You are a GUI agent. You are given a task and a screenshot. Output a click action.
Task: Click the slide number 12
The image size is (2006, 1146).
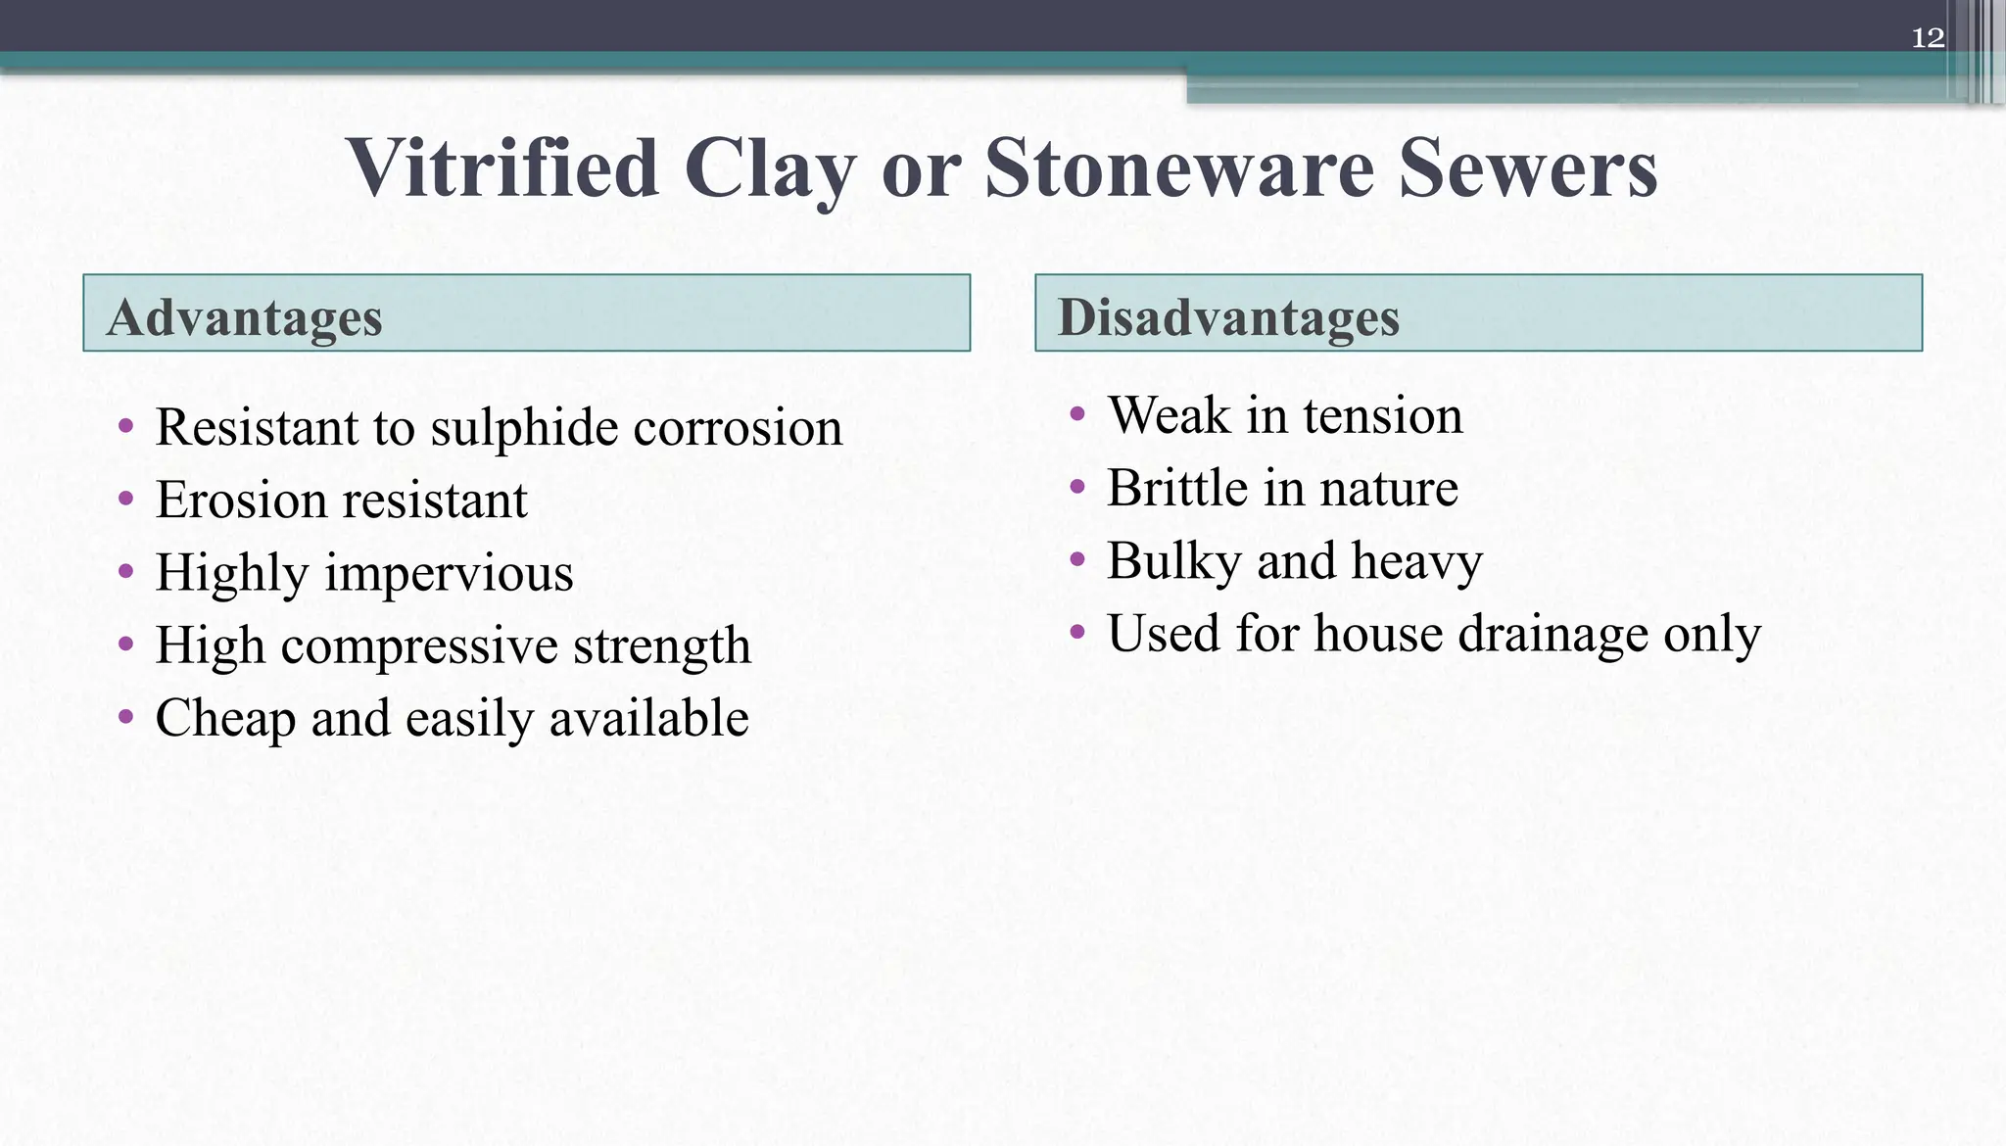coord(1927,38)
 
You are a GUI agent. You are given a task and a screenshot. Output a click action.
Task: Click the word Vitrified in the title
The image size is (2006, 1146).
coord(502,168)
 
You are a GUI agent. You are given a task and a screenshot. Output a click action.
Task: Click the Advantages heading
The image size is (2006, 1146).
coord(245,317)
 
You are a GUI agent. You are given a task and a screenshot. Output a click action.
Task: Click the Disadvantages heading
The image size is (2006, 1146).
coord(1228,317)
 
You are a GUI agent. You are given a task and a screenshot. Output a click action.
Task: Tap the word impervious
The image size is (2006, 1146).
coord(449,574)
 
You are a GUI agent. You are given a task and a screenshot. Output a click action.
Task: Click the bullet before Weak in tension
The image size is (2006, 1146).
coord(1077,414)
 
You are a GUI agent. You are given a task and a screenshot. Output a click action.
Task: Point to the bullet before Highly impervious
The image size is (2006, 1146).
coord(125,571)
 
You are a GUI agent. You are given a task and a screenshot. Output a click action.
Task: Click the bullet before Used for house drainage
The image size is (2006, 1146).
coord(1077,632)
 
